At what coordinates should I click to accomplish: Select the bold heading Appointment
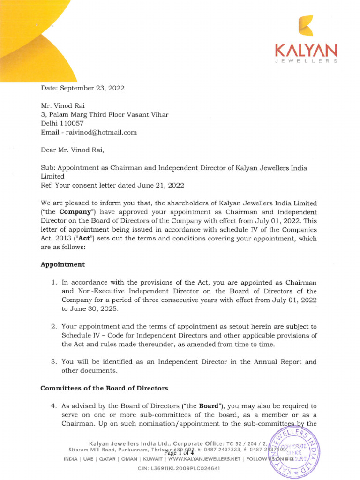[x=63, y=264]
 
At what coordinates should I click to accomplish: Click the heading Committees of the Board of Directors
[x=104, y=388]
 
